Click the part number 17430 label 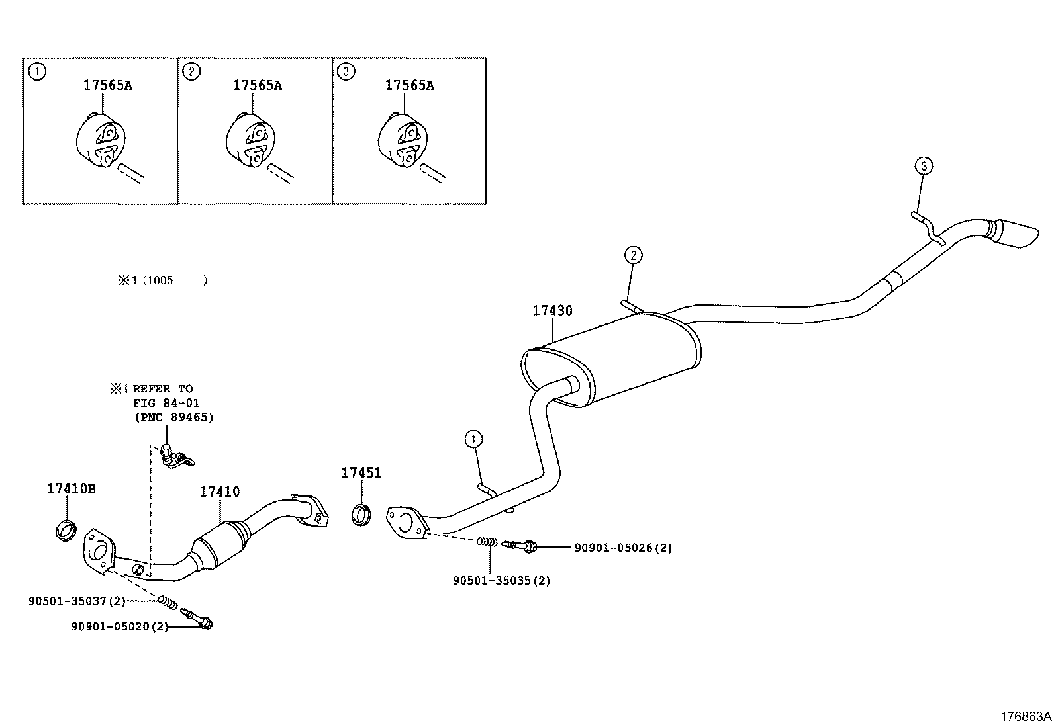click(x=552, y=310)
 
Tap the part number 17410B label click(x=71, y=489)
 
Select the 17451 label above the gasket click(x=361, y=472)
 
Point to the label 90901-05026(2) click(x=622, y=548)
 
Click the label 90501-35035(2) click(x=502, y=581)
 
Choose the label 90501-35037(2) click(x=77, y=601)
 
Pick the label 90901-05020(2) click(x=119, y=626)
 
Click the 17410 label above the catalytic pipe click(x=220, y=492)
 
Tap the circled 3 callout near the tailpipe click(x=924, y=165)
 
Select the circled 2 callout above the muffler click(x=633, y=255)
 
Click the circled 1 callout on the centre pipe click(x=473, y=439)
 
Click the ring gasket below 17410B click(x=65, y=530)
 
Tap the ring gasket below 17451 click(x=361, y=515)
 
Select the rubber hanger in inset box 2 click(x=249, y=141)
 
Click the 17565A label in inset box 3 click(x=410, y=85)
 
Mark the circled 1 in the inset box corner click(x=37, y=71)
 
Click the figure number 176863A click(x=1025, y=716)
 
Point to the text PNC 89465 click(x=174, y=417)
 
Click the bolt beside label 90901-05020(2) click(x=201, y=619)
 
